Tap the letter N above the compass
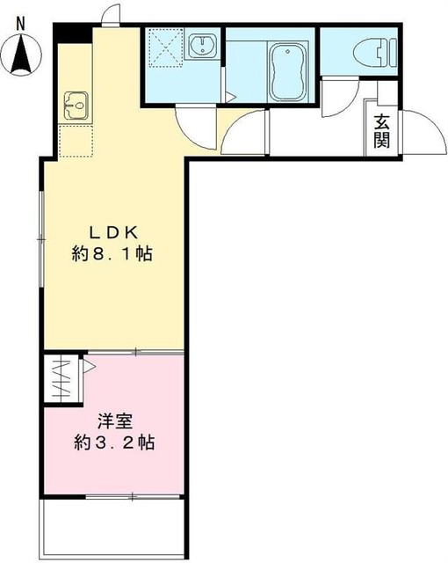click(21, 24)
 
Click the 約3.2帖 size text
click(114, 442)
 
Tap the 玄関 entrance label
click(381, 133)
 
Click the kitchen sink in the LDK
click(74, 106)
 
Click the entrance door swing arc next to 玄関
click(416, 132)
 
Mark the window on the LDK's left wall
click(40, 238)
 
